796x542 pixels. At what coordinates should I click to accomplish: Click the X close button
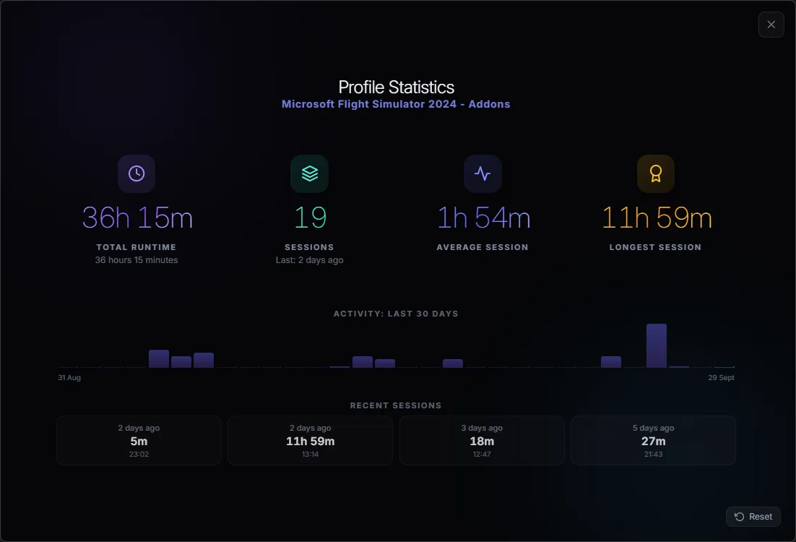(x=771, y=25)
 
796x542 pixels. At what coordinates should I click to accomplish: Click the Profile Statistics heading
(x=396, y=87)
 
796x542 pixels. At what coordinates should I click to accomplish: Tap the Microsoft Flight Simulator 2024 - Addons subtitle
(x=396, y=104)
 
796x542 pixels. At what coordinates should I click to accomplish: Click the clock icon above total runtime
(x=137, y=173)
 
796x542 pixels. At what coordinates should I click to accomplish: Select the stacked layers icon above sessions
(x=310, y=173)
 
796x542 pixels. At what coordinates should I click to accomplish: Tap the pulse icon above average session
(x=483, y=173)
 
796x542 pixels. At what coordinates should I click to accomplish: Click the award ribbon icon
(x=656, y=173)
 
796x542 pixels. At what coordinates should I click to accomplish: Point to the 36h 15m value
(x=137, y=218)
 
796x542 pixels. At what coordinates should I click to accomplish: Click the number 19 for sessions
(x=310, y=218)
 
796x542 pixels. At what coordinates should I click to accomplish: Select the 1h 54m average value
(x=484, y=218)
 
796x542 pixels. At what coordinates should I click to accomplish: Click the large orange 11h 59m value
(x=657, y=218)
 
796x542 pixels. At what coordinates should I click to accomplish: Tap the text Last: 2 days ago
(x=310, y=260)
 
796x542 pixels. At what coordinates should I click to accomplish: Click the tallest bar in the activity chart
(x=657, y=345)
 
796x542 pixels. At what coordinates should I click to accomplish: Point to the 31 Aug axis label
(x=69, y=377)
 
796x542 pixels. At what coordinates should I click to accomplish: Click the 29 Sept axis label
(x=722, y=377)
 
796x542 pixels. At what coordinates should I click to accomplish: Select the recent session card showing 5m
(x=139, y=440)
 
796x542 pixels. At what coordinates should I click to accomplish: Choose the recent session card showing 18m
(x=482, y=440)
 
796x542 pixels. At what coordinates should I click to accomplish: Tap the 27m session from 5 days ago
(x=654, y=440)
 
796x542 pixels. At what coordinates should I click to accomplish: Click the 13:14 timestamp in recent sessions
(x=310, y=454)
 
